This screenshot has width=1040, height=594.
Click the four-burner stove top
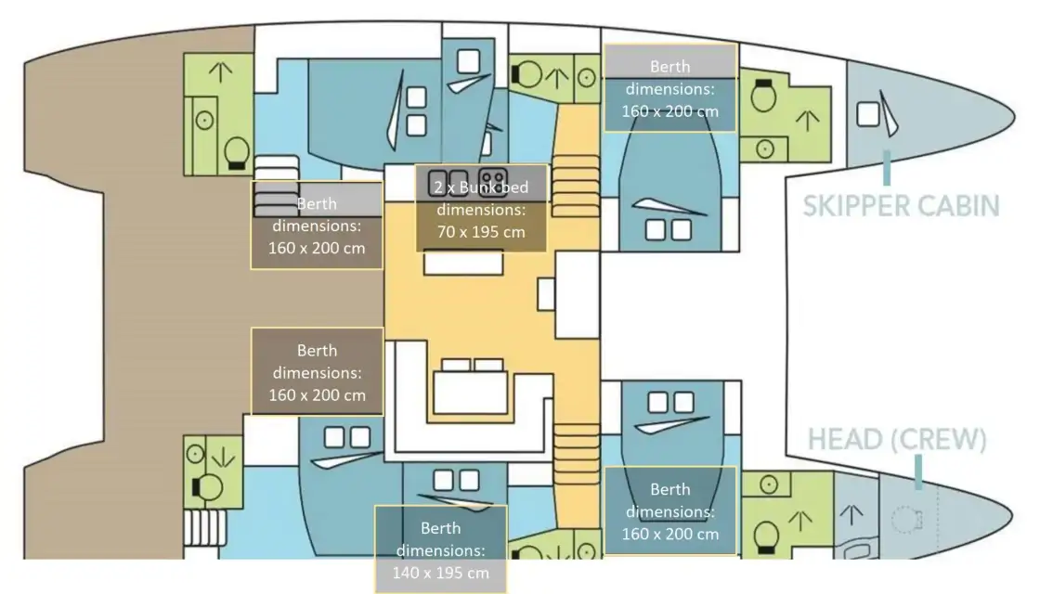click(493, 181)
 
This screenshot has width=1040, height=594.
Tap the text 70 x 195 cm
click(481, 232)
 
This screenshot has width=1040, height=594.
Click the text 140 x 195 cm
click(440, 573)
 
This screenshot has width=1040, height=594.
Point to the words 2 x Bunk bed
click(481, 187)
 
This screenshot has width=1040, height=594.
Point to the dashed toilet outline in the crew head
click(906, 519)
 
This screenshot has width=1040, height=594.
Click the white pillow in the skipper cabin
click(867, 114)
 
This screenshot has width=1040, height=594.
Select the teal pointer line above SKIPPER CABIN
click(886, 168)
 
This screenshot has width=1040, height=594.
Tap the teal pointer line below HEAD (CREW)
click(918, 472)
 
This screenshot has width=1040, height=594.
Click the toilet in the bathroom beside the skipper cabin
click(763, 97)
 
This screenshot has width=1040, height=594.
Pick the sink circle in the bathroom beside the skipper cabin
click(765, 149)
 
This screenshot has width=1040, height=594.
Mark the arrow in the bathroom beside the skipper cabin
click(807, 120)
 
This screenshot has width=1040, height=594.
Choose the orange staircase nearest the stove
click(575, 187)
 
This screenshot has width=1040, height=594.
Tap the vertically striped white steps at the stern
click(205, 528)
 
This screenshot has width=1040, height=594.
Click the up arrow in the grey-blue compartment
click(851, 514)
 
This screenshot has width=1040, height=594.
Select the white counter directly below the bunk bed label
click(463, 263)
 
